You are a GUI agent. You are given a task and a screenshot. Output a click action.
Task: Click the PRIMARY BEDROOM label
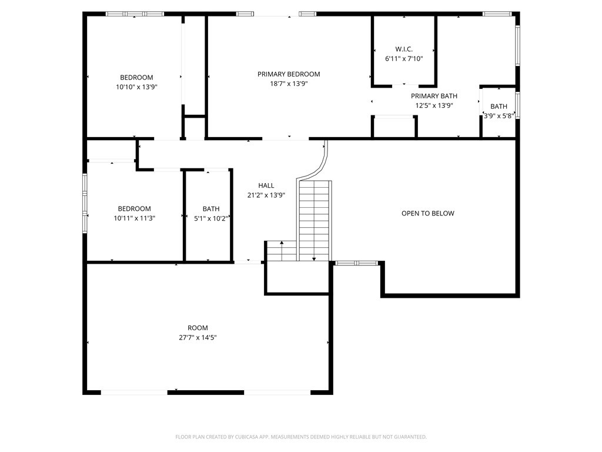tap(289, 74)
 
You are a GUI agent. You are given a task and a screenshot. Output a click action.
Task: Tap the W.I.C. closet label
tap(404, 49)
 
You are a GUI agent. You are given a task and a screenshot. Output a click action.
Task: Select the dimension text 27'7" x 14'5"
tap(198, 337)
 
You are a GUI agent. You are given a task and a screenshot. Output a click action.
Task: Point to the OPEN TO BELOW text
tap(428, 213)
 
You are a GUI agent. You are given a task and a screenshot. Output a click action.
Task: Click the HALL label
tap(266, 185)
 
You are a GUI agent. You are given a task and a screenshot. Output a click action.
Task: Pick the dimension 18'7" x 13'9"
tap(289, 84)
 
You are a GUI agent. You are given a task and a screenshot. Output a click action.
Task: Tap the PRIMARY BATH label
tap(434, 96)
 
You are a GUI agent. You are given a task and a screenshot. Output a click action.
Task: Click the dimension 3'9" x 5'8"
tap(499, 116)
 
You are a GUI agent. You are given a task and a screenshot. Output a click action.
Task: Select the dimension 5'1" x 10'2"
tap(211, 218)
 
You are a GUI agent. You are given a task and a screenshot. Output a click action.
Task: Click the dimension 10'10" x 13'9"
tap(136, 87)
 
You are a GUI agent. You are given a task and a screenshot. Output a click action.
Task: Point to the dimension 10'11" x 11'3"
tap(135, 218)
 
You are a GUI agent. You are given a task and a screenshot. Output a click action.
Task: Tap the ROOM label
tap(198, 328)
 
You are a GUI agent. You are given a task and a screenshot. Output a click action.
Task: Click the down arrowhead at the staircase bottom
tap(314, 259)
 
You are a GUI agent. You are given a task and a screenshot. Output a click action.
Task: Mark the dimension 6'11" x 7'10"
tap(404, 59)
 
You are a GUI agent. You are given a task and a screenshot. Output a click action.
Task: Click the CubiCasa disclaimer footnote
tap(301, 437)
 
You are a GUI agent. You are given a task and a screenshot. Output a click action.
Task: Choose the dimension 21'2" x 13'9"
tap(266, 195)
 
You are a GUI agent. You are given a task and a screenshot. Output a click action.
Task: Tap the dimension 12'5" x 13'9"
tap(434, 106)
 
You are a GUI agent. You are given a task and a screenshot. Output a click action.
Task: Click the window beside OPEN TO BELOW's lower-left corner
tap(356, 263)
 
